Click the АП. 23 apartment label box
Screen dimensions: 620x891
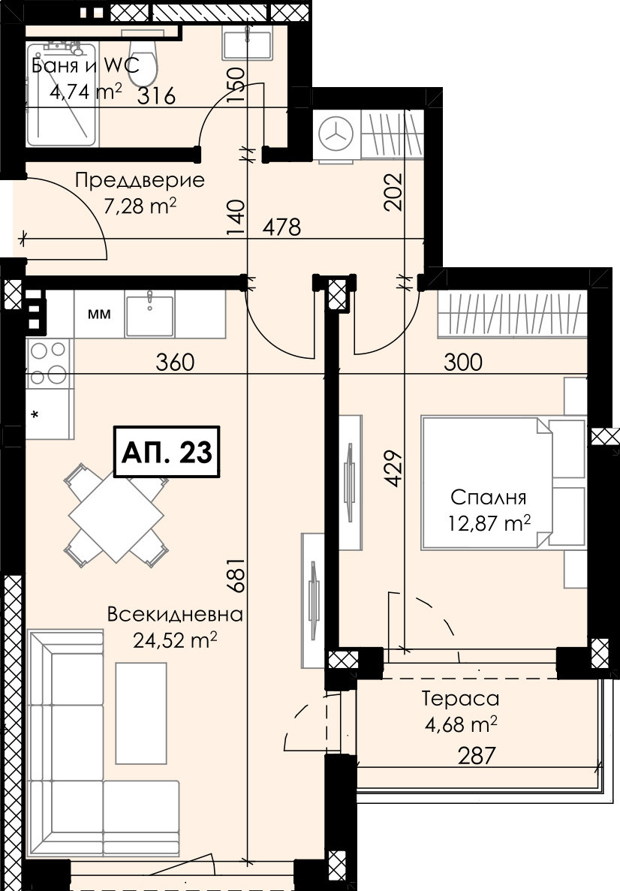pyautogui.click(x=167, y=452)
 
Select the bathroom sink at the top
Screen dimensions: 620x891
pyautogui.click(x=247, y=44)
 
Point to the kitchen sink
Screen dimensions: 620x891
pyautogui.click(x=149, y=315)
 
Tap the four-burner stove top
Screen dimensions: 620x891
pyautogui.click(x=48, y=363)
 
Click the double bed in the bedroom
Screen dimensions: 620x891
pyautogui.click(x=504, y=483)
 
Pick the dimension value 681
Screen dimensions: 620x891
pyautogui.click(x=236, y=574)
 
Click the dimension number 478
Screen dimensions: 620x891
pyautogui.click(x=282, y=227)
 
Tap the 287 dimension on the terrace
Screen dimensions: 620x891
pyautogui.click(x=476, y=756)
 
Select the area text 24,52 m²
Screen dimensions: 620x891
pyautogui.click(x=175, y=640)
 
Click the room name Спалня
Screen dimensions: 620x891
pyautogui.click(x=488, y=497)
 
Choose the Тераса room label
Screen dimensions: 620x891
pyautogui.click(x=460, y=698)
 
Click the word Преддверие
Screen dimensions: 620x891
pyautogui.click(x=140, y=181)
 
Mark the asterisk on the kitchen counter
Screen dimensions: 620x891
pyautogui.click(x=35, y=415)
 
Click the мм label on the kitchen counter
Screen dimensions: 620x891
pyautogui.click(x=99, y=314)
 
